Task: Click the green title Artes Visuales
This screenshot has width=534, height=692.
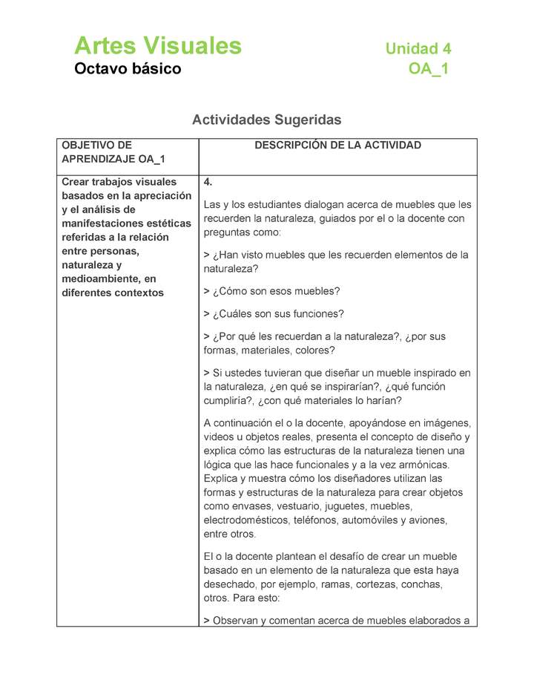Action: click(158, 46)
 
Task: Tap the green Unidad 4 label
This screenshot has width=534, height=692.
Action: click(418, 49)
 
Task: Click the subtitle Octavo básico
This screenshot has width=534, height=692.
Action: click(128, 69)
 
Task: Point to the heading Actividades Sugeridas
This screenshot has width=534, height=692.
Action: click(266, 120)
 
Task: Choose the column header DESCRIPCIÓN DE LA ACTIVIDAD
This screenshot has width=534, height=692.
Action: click(337, 146)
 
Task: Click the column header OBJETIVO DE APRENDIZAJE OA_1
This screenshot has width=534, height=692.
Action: click(113, 152)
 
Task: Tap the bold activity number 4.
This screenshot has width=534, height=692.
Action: click(208, 182)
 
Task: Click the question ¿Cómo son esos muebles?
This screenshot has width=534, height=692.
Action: click(274, 291)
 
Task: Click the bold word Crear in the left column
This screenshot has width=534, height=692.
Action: click(76, 182)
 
